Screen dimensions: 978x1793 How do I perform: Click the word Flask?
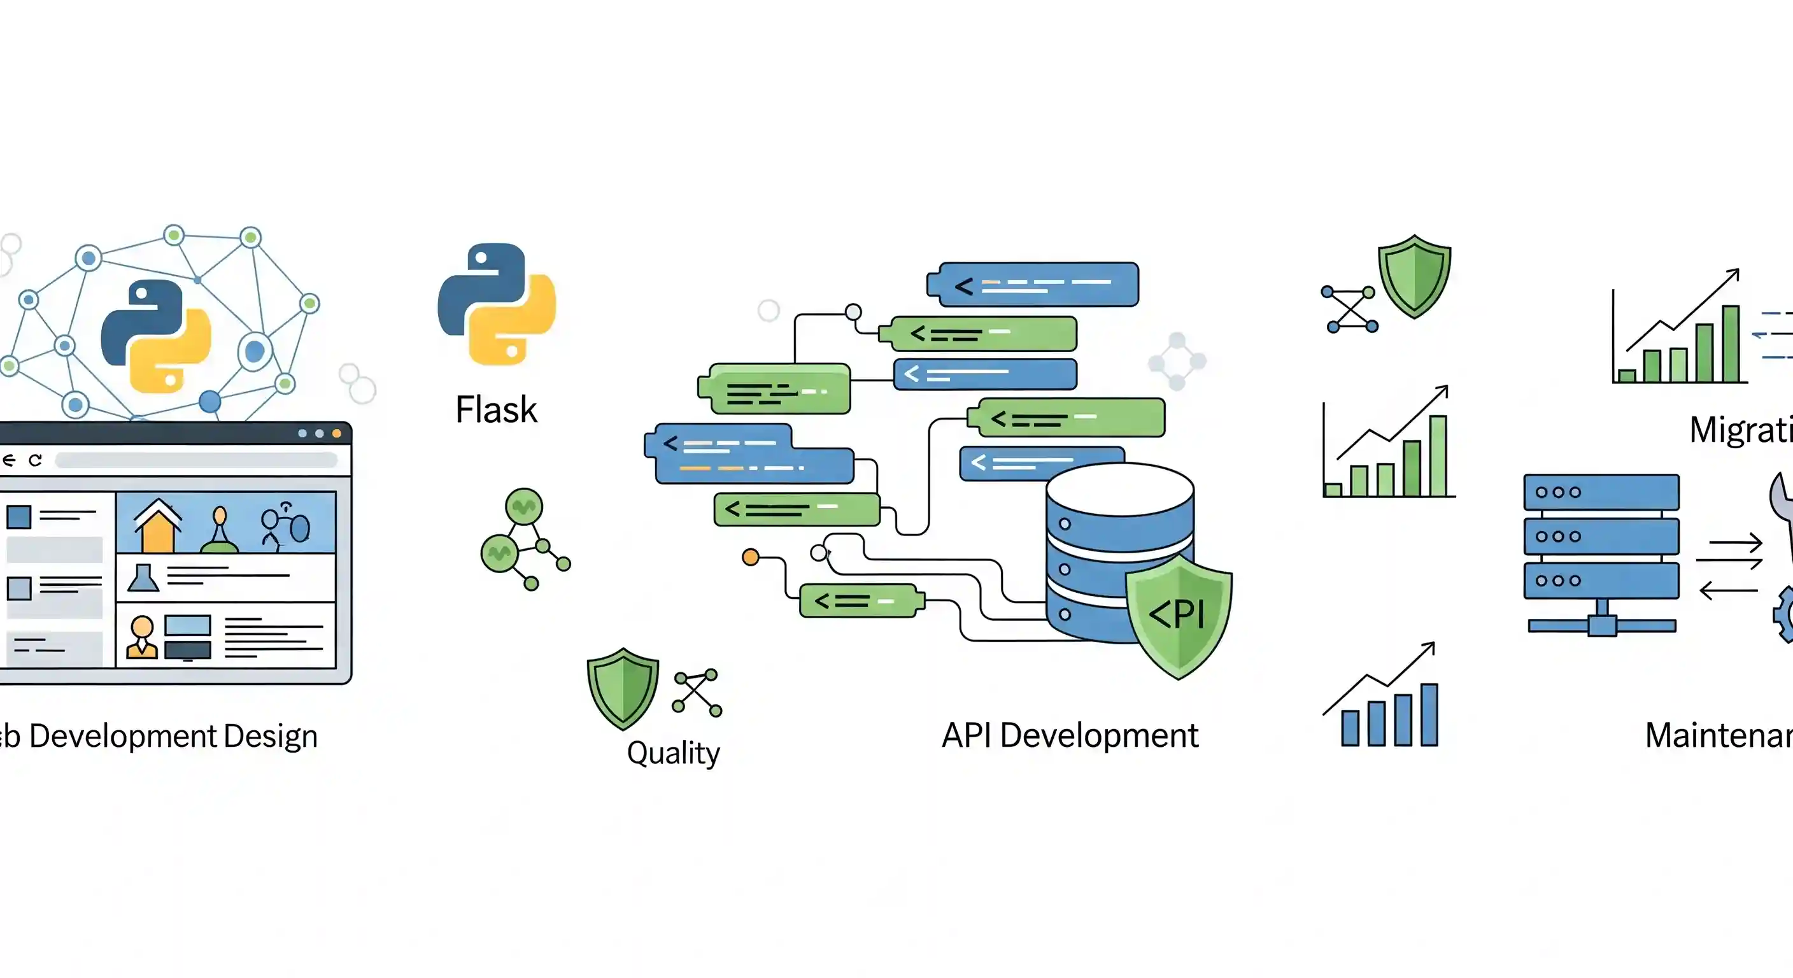pyautogui.click(x=495, y=409)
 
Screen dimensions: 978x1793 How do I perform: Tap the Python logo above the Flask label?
pyautogui.click(x=496, y=304)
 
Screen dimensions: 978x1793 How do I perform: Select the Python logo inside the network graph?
pyautogui.click(x=156, y=336)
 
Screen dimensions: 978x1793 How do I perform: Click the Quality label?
pyautogui.click(x=673, y=753)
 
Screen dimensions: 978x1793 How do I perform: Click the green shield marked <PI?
pyautogui.click(x=1179, y=617)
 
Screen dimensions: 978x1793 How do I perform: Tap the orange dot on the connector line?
pyautogui.click(x=750, y=557)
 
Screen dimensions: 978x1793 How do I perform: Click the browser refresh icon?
pyautogui.click(x=36, y=460)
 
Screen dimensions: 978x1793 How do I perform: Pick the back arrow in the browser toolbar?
pyautogui.click(x=8, y=460)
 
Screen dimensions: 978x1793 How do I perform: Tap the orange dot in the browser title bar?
pyautogui.click(x=337, y=434)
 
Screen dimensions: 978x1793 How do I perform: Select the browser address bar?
pyautogui.click(x=195, y=460)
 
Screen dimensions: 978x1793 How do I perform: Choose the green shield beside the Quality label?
pyautogui.click(x=622, y=688)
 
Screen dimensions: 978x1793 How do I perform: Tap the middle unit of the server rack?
pyautogui.click(x=1601, y=536)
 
